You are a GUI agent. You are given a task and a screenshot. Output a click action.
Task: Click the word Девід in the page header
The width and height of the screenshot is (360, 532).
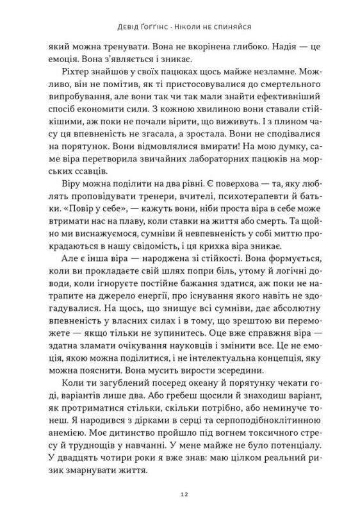pos(121,28)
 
